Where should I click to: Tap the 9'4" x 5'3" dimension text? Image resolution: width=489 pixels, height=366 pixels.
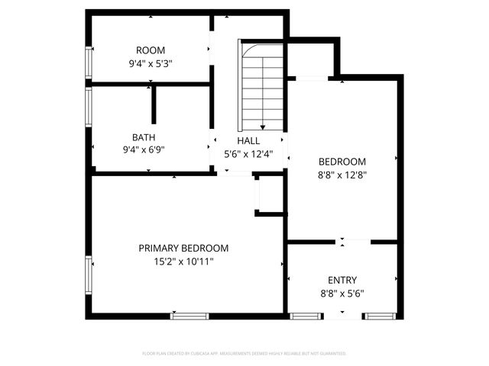150,64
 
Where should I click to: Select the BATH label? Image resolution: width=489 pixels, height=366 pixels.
144,137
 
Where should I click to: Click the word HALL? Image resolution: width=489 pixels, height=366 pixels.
248,141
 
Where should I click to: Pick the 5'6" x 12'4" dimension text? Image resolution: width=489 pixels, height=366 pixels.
248,154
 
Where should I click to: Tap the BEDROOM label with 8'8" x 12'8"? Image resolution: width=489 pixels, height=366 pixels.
342,162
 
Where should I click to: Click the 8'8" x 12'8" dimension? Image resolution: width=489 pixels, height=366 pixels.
342,175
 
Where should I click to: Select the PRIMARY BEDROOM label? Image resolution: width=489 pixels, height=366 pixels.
183,249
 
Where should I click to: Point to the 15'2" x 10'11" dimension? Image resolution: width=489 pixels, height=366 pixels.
183,262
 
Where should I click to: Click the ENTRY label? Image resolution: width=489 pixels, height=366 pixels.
342,280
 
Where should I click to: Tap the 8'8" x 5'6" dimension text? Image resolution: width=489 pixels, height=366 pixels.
342,293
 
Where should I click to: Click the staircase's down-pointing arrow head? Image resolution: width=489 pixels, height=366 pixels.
263,127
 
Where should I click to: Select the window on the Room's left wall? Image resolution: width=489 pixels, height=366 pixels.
89,63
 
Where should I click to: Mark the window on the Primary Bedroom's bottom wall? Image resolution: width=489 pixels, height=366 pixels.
189,315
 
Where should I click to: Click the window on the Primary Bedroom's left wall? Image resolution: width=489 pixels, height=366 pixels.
89,275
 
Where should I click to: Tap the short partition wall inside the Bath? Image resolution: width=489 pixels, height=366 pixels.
154,104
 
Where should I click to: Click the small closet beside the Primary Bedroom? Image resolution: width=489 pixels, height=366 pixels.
270,194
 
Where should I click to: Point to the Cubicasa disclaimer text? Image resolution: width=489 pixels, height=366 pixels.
244,354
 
